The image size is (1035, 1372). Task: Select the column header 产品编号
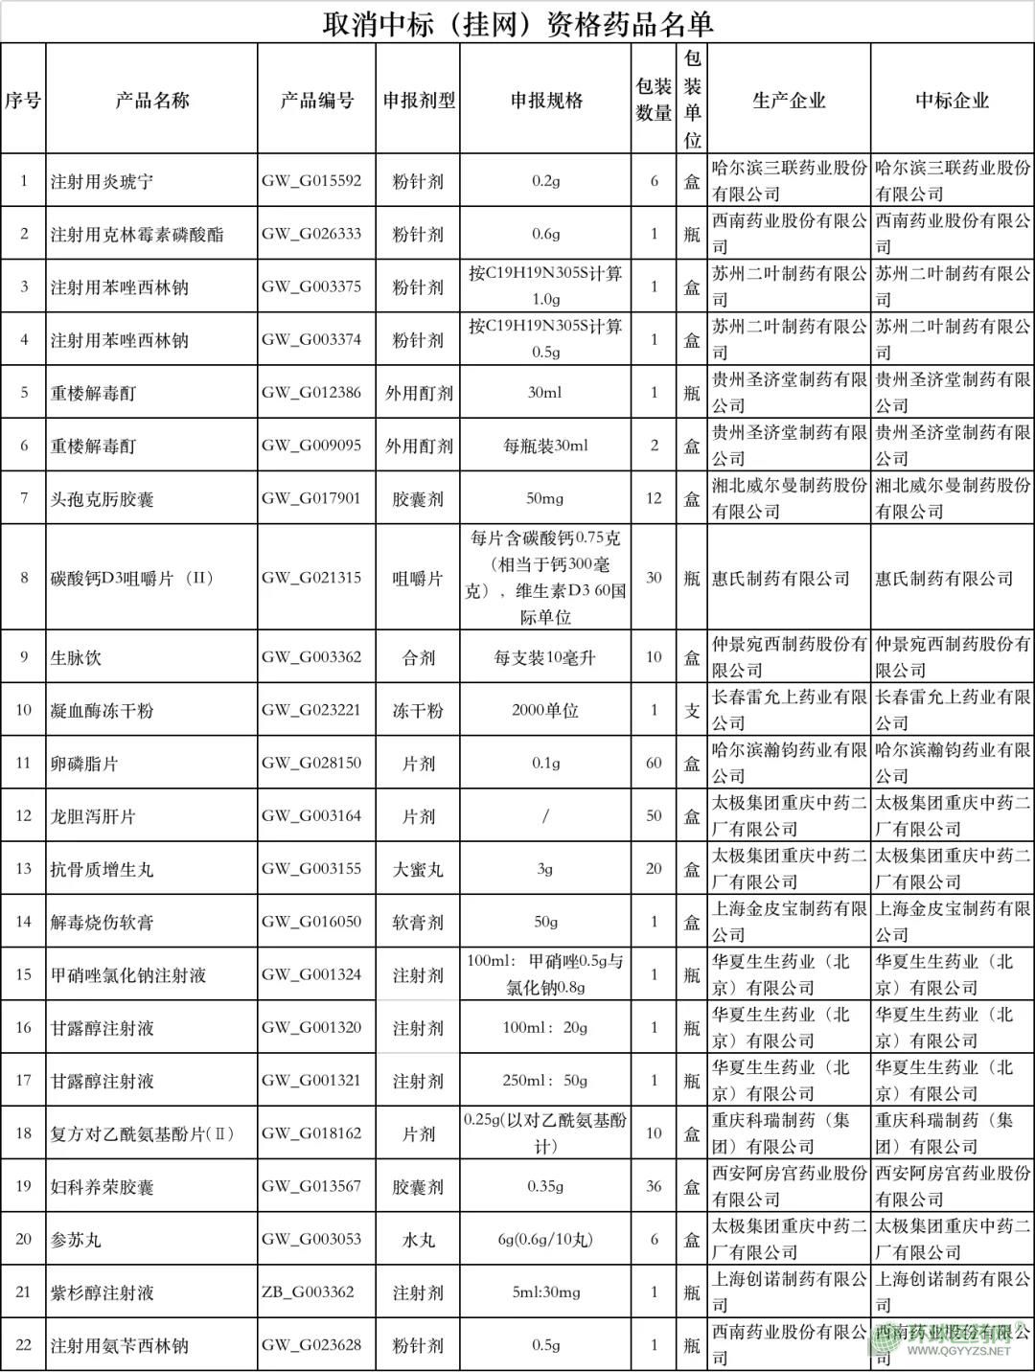click(317, 100)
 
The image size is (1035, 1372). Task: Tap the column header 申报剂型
click(419, 100)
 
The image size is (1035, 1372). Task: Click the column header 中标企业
click(952, 100)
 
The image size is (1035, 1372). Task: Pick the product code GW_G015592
click(311, 181)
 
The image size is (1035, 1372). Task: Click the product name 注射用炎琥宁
click(102, 181)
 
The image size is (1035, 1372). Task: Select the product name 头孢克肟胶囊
click(102, 498)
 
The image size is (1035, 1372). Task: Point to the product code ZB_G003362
click(308, 1292)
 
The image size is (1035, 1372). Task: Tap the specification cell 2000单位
click(545, 710)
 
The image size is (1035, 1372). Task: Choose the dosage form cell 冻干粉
click(419, 710)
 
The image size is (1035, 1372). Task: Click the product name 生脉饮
click(76, 657)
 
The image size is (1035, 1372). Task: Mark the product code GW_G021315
click(311, 578)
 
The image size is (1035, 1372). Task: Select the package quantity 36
click(654, 1186)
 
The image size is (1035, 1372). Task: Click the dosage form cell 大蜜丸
click(419, 869)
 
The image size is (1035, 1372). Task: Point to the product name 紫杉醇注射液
click(102, 1292)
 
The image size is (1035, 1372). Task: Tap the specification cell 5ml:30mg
click(545, 1292)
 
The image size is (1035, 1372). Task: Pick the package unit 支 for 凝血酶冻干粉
click(692, 710)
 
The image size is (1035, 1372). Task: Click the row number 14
click(24, 922)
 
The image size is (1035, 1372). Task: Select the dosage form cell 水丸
click(419, 1239)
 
